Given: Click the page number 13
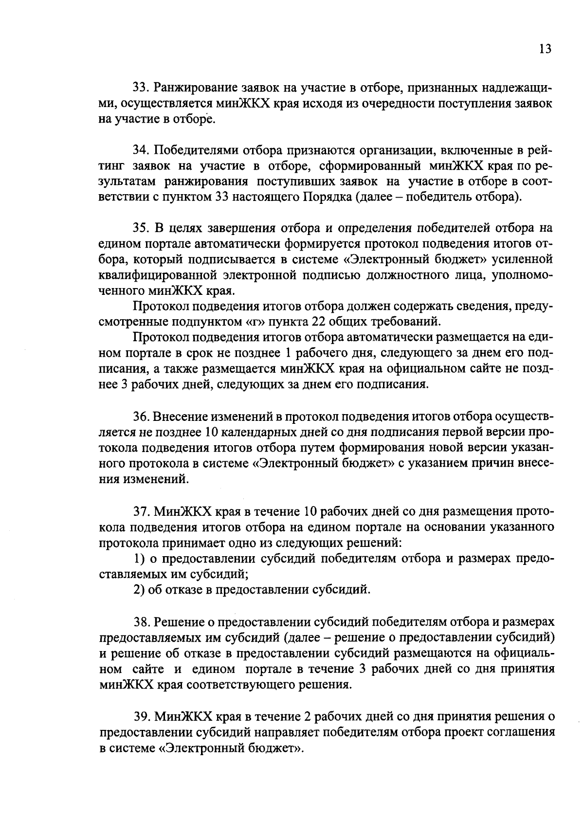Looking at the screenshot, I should point(545,49).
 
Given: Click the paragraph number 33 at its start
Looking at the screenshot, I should point(140,88).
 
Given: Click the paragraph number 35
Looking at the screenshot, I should point(140,228).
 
